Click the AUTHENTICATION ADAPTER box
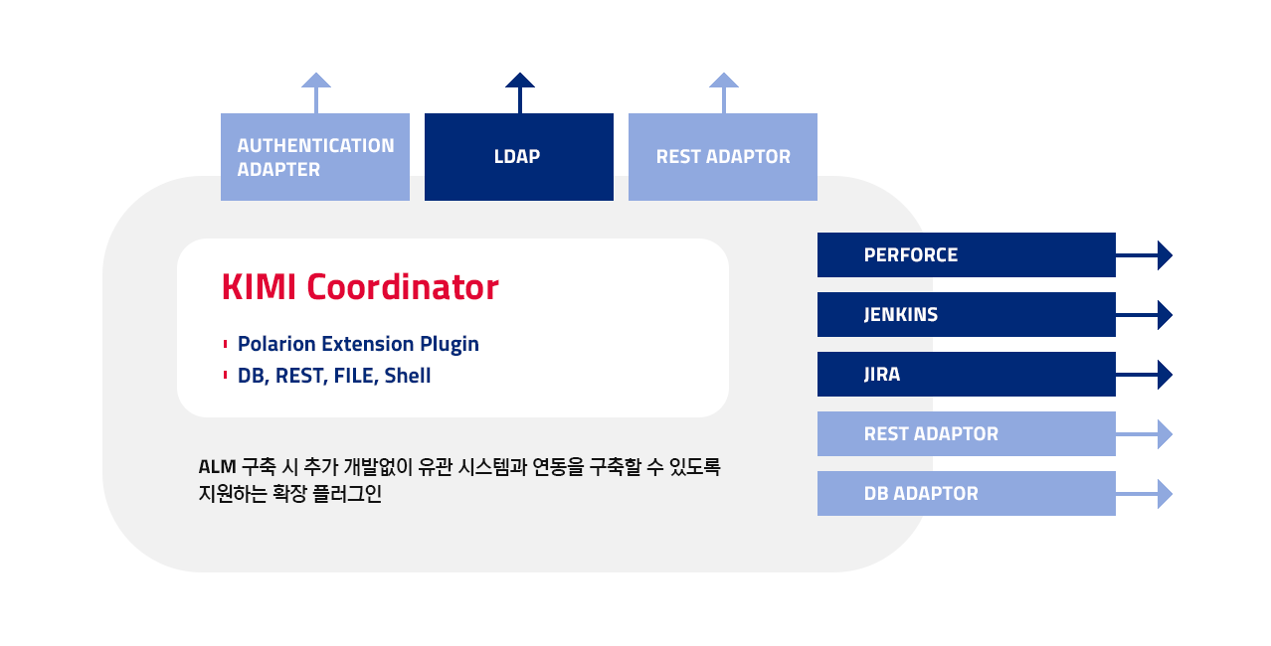click(315, 157)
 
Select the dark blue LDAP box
click(518, 157)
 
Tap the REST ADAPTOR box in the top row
click(722, 157)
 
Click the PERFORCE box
click(967, 254)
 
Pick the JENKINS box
click(967, 314)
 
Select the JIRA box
click(967, 374)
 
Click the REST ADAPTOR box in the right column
click(967, 433)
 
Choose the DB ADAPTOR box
click(967, 493)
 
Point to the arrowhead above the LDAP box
click(520, 81)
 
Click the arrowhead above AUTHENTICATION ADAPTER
click(316, 81)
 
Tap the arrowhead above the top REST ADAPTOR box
click(723, 81)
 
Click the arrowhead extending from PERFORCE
click(1165, 255)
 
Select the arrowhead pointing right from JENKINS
click(1165, 315)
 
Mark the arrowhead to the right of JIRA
click(1165, 375)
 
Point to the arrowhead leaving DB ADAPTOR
click(1165, 493)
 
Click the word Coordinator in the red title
click(403, 286)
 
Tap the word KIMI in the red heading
click(259, 286)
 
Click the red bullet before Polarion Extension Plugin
click(226, 344)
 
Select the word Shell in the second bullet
click(408, 376)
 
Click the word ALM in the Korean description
click(218, 467)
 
